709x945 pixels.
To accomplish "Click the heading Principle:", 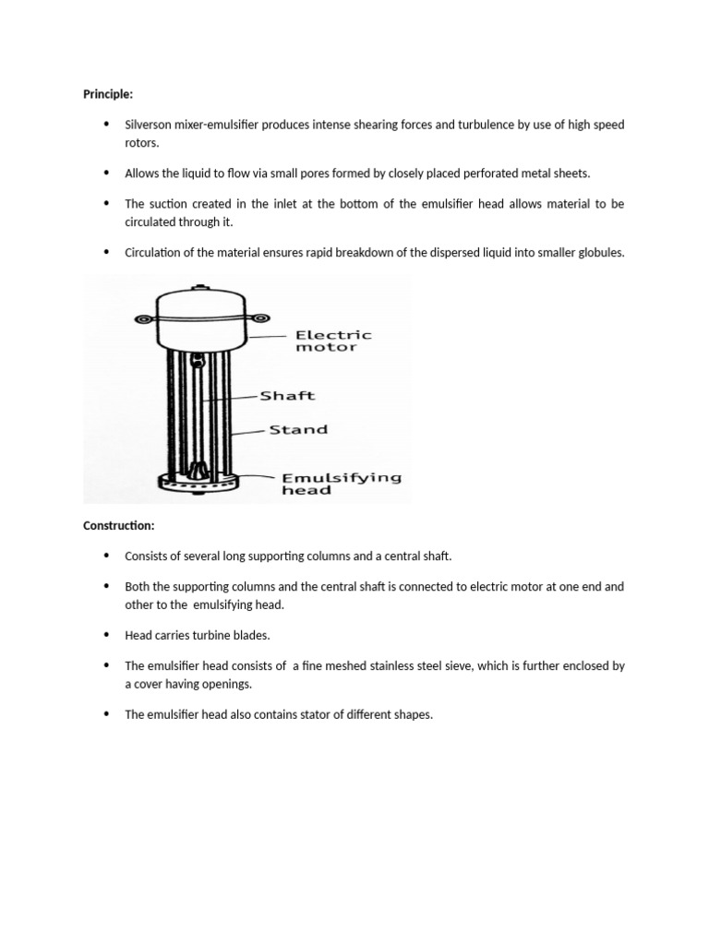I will (x=108, y=93).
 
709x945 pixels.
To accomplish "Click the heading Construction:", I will (x=118, y=525).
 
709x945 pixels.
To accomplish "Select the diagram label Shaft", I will (x=287, y=396).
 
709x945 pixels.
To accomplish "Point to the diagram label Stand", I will (x=297, y=429).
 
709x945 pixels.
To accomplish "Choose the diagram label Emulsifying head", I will (x=341, y=484).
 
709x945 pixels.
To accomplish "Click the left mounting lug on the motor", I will (x=142, y=319).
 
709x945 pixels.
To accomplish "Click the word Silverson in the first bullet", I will (x=150, y=125).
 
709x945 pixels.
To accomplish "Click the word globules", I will (x=600, y=252).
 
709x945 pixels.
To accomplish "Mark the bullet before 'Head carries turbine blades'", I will (x=106, y=635).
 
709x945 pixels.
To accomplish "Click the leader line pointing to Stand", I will (x=246, y=430).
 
